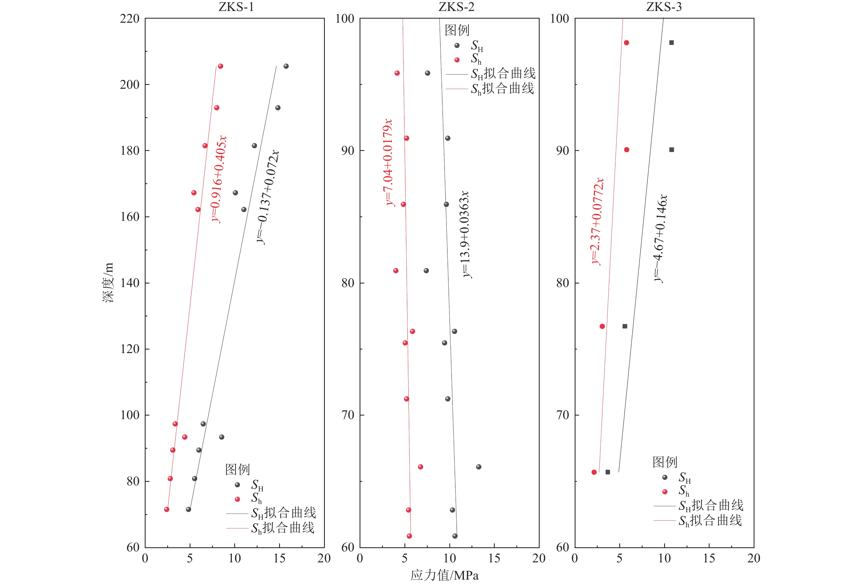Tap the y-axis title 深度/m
pyautogui.click(x=108, y=282)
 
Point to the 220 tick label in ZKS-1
pyautogui.click(x=129, y=19)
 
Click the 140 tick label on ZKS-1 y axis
pyautogui.click(x=129, y=283)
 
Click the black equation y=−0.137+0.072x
pyautogui.click(x=268, y=197)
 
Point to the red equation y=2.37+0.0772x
pyautogui.click(x=597, y=221)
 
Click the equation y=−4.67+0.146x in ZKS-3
pyautogui.click(x=660, y=238)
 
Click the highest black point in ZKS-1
pyautogui.click(x=286, y=66)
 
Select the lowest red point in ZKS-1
pyautogui.click(x=167, y=509)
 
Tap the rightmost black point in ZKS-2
pyautogui.click(x=478, y=467)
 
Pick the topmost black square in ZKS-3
pyautogui.click(x=671, y=43)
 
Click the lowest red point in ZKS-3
pyautogui.click(x=594, y=472)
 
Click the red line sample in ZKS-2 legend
pyautogui.click(x=457, y=89)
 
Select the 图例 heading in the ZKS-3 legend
pyautogui.click(x=665, y=462)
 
